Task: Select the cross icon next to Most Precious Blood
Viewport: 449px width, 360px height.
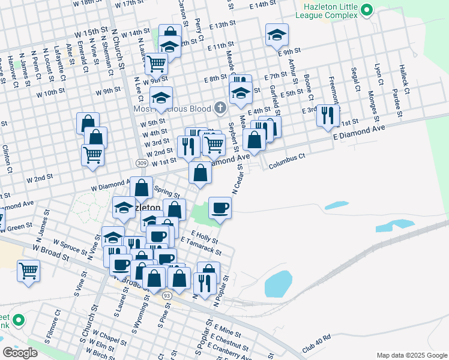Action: (220, 109)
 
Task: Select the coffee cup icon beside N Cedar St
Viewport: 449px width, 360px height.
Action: (220, 208)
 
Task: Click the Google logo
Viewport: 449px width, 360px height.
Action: (20, 353)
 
